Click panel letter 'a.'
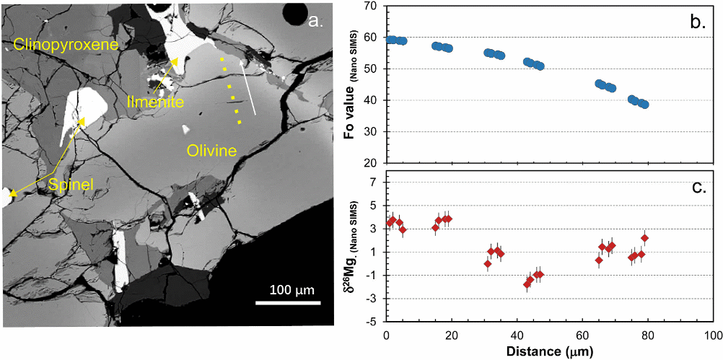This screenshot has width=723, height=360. [317, 21]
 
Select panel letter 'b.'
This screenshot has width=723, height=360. [698, 22]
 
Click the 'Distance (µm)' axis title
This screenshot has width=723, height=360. [549, 351]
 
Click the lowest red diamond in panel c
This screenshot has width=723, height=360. [527, 284]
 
